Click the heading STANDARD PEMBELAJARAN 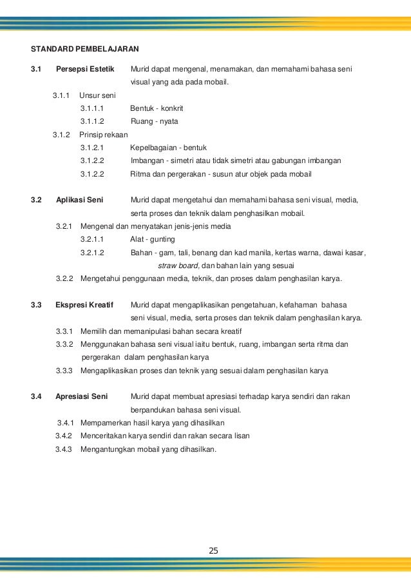coord(86,48)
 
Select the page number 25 coord(214,550)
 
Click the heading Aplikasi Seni coord(79,200)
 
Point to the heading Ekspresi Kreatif coord(86,304)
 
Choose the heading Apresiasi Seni coord(82,396)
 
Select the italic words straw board coord(179,266)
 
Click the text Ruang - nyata coord(154,121)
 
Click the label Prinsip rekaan coord(103,135)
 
